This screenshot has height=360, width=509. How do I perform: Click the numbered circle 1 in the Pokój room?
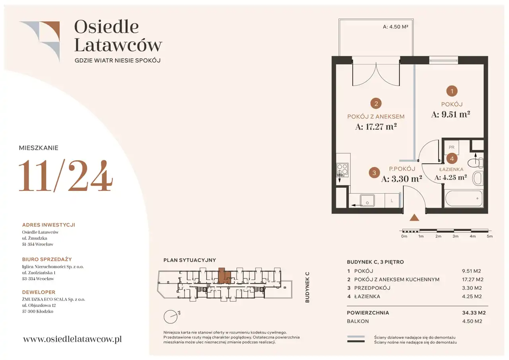pyautogui.click(x=452, y=91)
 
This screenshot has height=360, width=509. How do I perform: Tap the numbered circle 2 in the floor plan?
pyautogui.click(x=376, y=104)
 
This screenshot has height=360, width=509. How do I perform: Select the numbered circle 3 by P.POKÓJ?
pyautogui.click(x=374, y=173)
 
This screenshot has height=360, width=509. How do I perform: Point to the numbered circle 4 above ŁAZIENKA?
pyautogui.click(x=452, y=158)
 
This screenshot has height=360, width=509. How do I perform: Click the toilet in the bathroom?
pyautogui.click(x=476, y=162)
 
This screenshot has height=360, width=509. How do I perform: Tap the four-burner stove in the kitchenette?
pyautogui.click(x=342, y=170)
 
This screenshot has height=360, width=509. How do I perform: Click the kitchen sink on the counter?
pyautogui.click(x=367, y=200)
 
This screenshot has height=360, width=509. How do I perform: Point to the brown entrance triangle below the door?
pyautogui.click(x=414, y=218)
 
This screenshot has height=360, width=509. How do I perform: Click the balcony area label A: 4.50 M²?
pyautogui.click(x=395, y=27)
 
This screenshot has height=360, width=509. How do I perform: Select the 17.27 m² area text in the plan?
pyautogui.click(x=376, y=126)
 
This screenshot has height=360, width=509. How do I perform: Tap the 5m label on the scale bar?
pyautogui.click(x=490, y=236)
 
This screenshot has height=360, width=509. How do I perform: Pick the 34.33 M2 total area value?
pyautogui.click(x=474, y=313)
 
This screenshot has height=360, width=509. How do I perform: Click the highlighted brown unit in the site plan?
pyautogui.click(x=224, y=275)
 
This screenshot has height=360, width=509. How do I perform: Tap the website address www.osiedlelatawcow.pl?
pyautogui.click(x=72, y=339)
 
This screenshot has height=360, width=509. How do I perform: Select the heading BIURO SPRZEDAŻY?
pyautogui.click(x=47, y=259)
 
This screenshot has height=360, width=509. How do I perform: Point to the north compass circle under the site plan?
pyautogui.click(x=171, y=317)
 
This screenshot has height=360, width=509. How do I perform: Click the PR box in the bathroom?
pyautogui.click(x=451, y=147)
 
